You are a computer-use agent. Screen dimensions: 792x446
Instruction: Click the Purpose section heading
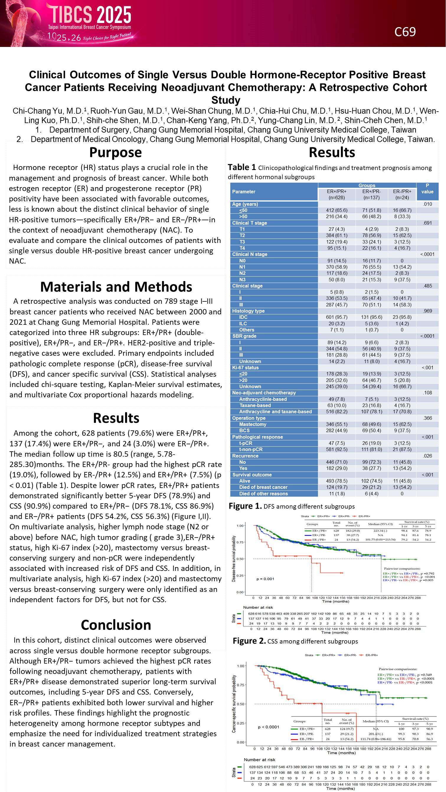click(115, 153)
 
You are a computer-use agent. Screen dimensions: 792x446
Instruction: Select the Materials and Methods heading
click(116, 287)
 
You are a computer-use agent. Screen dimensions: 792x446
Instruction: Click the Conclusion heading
click(116, 625)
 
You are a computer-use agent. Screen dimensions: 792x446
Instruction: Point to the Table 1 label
click(242, 167)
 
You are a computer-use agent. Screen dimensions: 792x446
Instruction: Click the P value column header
click(427, 188)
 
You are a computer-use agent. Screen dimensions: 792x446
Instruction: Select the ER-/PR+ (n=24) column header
click(402, 194)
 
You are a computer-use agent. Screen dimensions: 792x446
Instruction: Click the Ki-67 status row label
click(245, 368)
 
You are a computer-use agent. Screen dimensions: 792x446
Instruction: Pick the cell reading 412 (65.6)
click(336, 210)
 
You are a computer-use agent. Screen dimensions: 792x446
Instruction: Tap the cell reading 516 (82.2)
click(336, 411)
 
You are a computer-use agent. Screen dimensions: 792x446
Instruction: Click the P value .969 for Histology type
click(427, 311)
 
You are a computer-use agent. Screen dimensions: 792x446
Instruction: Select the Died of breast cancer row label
click(263, 487)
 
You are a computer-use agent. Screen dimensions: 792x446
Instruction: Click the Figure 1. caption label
click(245, 506)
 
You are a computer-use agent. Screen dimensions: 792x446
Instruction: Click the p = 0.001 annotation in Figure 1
click(265, 579)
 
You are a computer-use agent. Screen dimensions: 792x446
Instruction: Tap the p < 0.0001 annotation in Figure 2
click(268, 727)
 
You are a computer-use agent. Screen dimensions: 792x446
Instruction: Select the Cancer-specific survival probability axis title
click(234, 704)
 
